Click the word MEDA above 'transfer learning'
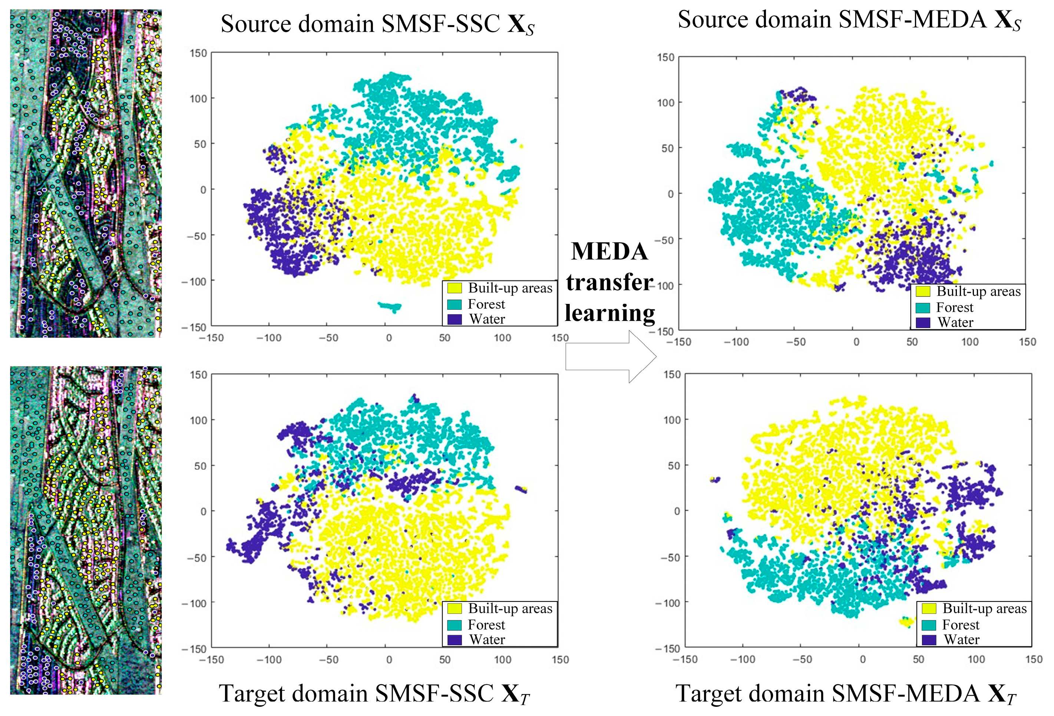point(609,251)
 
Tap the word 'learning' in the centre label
point(609,313)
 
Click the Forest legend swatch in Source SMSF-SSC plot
point(455,304)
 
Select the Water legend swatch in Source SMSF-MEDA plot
point(922,322)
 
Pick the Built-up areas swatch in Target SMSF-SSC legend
point(455,609)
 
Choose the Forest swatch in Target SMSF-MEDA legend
point(929,625)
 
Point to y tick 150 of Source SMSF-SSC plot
point(198,53)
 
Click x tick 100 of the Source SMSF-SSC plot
point(502,338)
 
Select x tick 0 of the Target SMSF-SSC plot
point(389,660)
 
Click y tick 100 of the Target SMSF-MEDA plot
point(672,420)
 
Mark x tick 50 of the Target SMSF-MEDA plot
point(918,659)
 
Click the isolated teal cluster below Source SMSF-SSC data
point(390,306)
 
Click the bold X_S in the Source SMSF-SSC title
point(521,24)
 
